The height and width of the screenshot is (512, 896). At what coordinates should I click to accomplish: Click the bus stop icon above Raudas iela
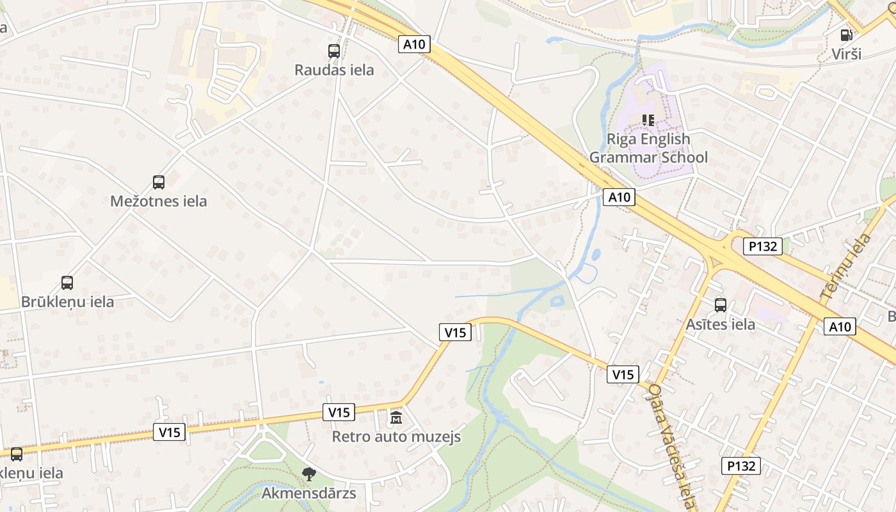[x=334, y=51]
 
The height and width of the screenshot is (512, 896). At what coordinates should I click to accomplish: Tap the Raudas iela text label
[x=334, y=70]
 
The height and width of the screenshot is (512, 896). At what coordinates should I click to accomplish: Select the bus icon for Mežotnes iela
[x=159, y=182]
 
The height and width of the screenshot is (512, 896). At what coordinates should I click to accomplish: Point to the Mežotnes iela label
[x=159, y=201]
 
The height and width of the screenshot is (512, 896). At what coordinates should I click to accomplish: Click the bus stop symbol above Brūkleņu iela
[x=67, y=283]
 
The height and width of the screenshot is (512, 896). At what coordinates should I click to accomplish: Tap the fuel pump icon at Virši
[x=847, y=35]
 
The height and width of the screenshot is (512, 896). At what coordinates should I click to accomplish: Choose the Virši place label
[x=847, y=54]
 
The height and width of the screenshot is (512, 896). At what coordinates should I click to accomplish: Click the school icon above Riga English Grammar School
[x=648, y=120]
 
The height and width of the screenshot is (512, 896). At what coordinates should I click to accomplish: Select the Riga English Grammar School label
[x=648, y=148]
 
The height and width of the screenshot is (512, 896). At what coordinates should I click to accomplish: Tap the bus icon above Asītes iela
[x=721, y=305]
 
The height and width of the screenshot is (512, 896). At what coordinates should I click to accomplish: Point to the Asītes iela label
[x=721, y=324]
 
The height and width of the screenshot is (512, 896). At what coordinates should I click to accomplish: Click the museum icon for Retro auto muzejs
[x=396, y=419]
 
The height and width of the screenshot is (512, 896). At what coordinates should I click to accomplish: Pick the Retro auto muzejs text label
[x=396, y=437]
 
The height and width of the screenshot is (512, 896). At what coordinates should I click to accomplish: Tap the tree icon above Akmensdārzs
[x=309, y=474]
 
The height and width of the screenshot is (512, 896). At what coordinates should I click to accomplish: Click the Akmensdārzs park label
[x=309, y=493]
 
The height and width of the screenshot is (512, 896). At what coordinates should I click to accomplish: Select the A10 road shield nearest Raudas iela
[x=414, y=44]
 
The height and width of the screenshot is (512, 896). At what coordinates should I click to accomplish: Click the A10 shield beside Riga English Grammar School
[x=619, y=197]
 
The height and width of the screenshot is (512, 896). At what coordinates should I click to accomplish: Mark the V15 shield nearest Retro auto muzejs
[x=339, y=412]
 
